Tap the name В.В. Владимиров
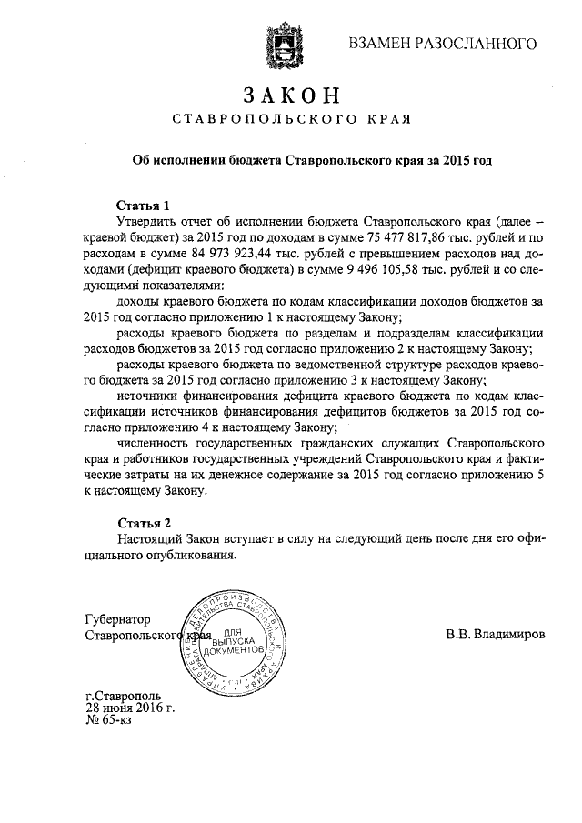point(496,635)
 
